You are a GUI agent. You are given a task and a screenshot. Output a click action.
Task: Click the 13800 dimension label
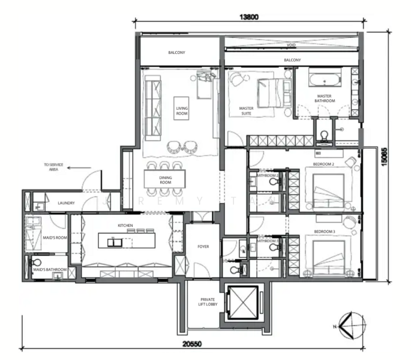[250, 17]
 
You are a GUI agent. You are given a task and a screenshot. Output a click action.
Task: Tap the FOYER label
[203, 247]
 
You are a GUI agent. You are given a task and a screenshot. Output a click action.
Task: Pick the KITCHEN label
[125, 226]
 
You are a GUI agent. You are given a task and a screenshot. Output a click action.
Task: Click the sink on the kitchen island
[114, 242]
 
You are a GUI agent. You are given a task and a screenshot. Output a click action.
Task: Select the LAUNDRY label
[66, 203]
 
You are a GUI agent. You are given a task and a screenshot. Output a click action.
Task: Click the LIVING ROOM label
[182, 110]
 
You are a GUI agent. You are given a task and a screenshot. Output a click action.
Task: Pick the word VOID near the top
[291, 45]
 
